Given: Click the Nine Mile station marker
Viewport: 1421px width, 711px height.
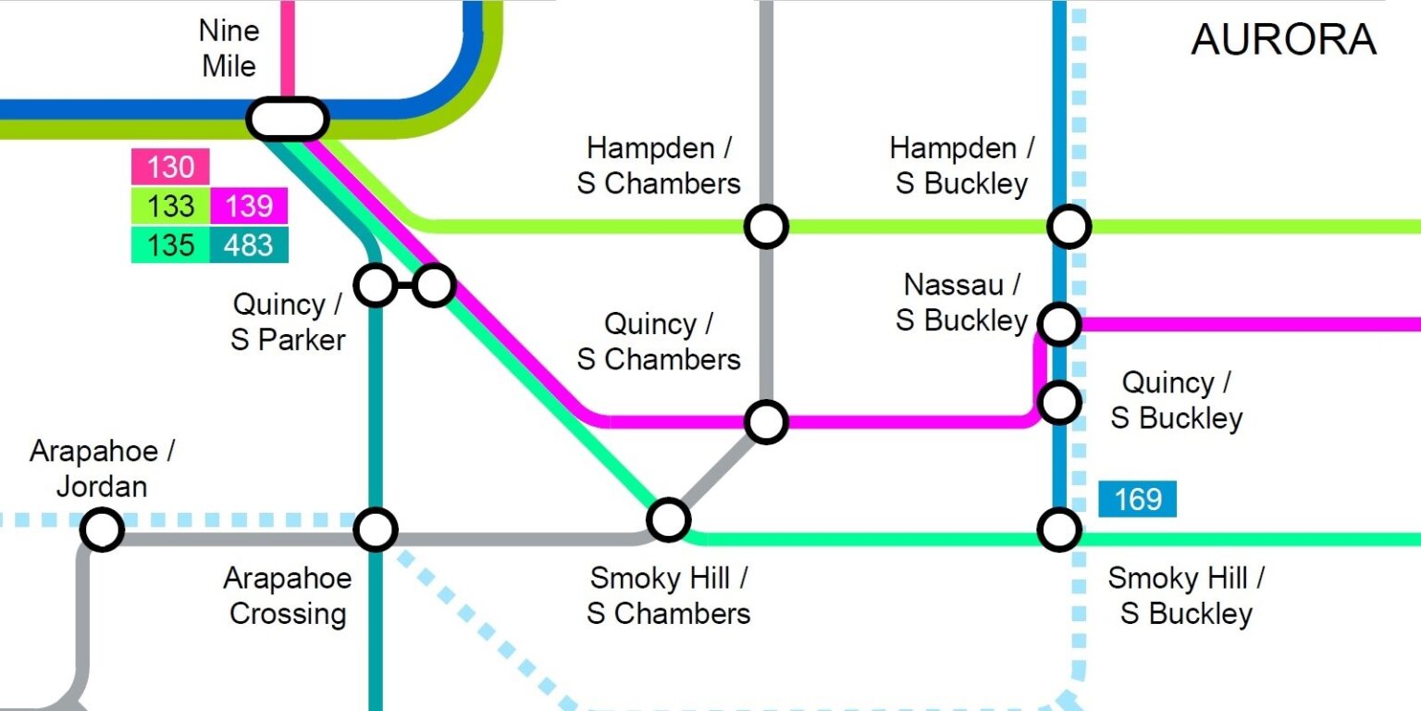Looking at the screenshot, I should [288, 118].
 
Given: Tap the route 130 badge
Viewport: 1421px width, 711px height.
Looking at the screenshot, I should [170, 167].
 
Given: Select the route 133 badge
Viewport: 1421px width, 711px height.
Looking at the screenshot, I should [170, 206].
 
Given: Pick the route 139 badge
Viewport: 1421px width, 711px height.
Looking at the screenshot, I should [249, 206].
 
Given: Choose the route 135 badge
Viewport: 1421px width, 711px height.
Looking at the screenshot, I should [170, 244].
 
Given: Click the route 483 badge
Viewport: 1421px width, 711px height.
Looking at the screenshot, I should [249, 244].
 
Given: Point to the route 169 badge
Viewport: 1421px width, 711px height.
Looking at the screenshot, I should [1137, 499].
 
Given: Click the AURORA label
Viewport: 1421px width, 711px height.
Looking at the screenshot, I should [1283, 40].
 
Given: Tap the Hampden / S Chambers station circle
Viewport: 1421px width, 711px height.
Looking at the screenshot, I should [766, 226].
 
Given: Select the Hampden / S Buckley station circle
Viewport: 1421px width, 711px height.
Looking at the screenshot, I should [1069, 226].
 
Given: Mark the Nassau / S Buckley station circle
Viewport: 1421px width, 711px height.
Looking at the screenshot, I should [1058, 323].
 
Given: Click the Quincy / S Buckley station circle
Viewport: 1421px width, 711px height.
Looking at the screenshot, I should [1058, 402].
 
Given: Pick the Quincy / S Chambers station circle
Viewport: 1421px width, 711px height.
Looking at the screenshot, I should [766, 421].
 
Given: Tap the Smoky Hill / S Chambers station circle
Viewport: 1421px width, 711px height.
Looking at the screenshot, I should [667, 519].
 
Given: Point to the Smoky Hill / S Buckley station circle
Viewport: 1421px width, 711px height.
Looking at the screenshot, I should [1058, 530].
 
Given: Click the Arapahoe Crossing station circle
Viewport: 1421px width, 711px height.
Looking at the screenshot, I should [376, 530].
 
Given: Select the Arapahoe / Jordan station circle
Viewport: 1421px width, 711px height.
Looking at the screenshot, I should [101, 530].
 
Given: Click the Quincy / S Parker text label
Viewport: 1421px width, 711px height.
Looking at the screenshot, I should [288, 321].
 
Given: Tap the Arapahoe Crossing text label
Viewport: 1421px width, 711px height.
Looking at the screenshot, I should [288, 595].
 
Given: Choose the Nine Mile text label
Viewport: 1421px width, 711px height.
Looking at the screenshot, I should [228, 48].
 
